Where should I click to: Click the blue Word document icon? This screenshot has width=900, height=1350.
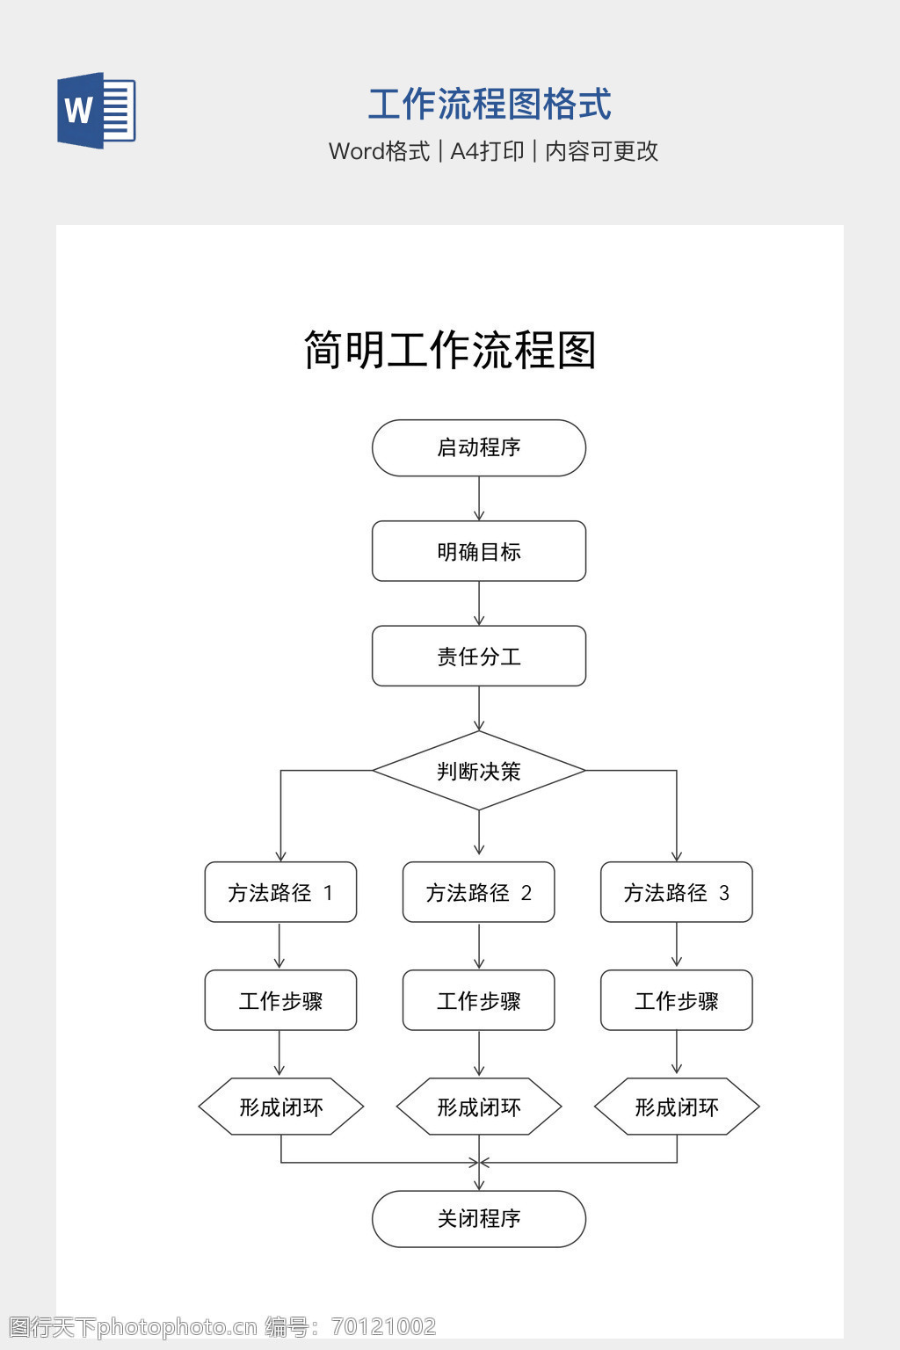(97, 110)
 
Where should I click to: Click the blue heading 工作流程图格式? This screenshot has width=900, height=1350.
(490, 105)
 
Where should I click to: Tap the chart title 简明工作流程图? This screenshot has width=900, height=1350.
(450, 350)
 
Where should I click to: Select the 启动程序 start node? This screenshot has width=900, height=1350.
(479, 447)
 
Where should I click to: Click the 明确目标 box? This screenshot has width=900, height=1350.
(479, 551)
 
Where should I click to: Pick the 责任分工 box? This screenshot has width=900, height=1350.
(479, 657)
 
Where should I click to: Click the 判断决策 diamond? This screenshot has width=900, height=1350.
(479, 771)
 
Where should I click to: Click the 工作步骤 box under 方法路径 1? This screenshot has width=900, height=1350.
(280, 1000)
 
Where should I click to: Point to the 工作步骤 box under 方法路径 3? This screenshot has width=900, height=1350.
(677, 1000)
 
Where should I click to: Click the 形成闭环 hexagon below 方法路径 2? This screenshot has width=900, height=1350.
(479, 1107)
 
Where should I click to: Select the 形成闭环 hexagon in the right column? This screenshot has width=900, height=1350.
(677, 1107)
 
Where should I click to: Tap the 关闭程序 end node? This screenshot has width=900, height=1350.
(479, 1219)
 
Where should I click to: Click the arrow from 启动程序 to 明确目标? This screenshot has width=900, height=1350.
(479, 498)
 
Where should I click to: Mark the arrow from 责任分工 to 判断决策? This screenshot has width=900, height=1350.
(479, 708)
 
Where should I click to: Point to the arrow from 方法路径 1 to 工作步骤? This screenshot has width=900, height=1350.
(279, 946)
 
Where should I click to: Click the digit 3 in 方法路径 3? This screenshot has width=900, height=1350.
(724, 893)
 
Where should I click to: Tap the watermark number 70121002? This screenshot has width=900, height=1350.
(383, 1326)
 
